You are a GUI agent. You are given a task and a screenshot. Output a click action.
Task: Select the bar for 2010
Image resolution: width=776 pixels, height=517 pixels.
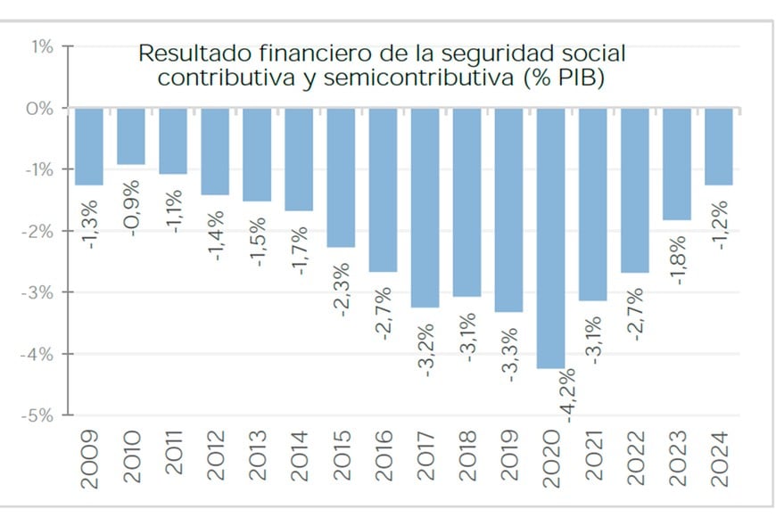tap(131, 136)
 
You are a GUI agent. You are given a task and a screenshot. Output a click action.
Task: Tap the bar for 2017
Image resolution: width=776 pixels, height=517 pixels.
tap(425, 207)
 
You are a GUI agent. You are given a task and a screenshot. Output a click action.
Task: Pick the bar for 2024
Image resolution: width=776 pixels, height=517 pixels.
tap(720, 146)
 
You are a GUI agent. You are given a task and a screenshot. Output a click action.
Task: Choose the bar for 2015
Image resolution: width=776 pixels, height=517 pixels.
tap(342, 177)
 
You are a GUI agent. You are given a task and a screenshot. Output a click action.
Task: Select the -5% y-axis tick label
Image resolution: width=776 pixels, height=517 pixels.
tap(37, 415)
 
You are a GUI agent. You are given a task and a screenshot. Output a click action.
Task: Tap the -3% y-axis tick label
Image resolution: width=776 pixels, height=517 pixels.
tap(37, 292)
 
